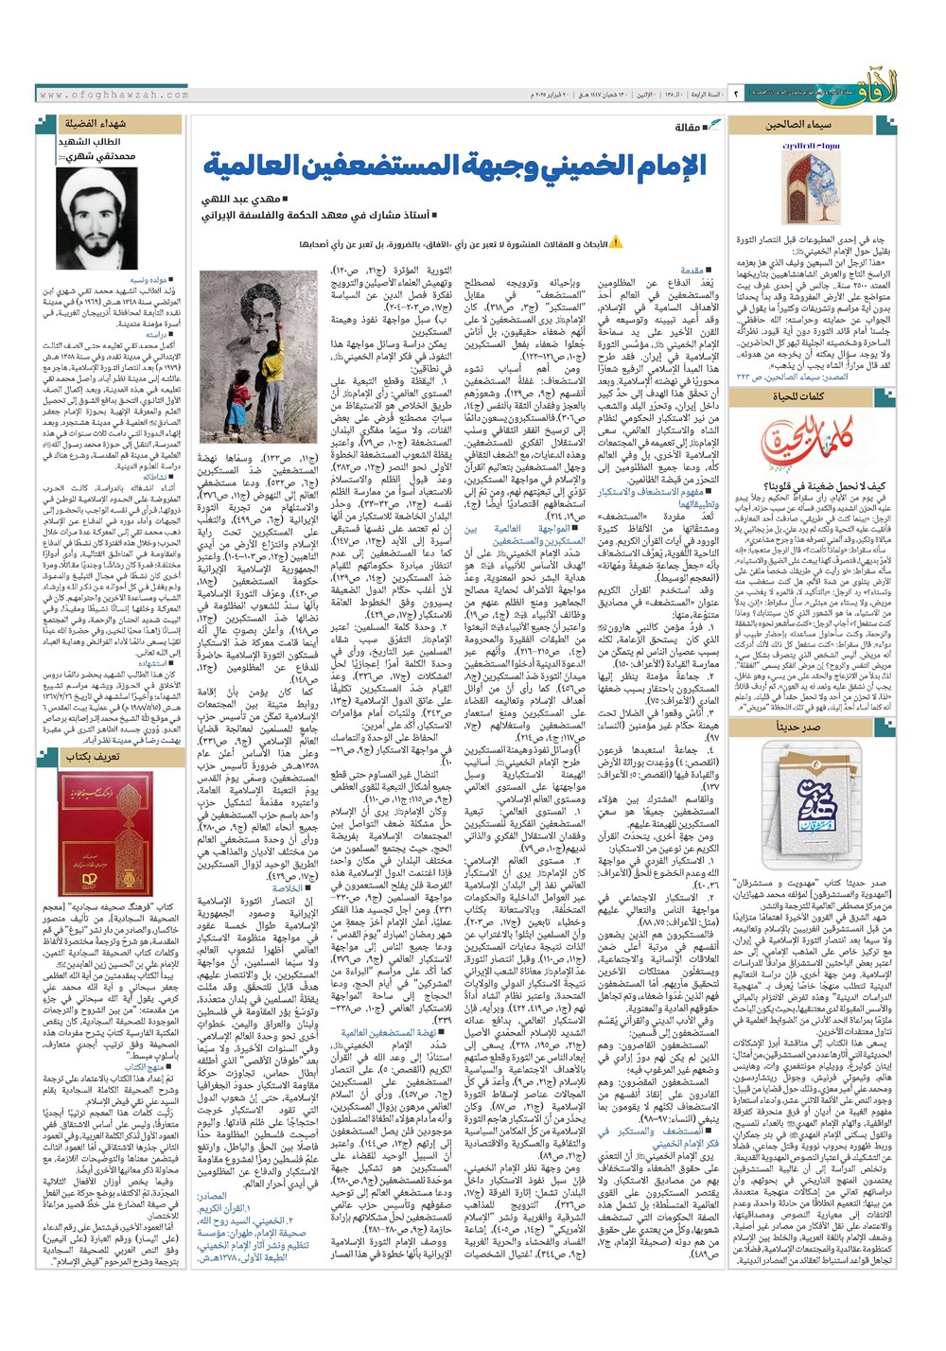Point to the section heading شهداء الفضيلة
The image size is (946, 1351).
click(x=96, y=124)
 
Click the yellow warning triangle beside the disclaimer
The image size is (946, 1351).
click(x=616, y=244)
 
